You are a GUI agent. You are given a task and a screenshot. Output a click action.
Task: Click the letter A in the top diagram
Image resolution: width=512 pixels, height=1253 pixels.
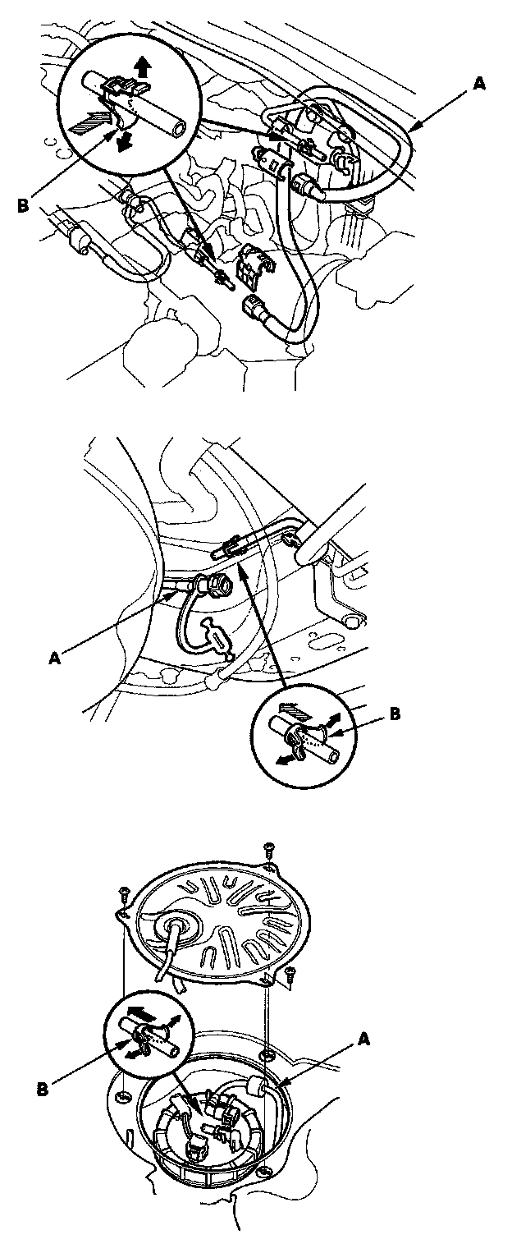tap(479, 84)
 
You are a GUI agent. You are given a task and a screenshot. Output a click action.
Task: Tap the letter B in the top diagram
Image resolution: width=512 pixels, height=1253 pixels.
tap(22, 205)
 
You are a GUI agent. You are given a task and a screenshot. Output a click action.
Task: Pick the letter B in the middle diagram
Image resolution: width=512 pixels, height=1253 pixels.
tap(395, 714)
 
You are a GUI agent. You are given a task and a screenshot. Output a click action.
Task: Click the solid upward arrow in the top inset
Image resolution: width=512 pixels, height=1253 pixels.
tap(144, 67)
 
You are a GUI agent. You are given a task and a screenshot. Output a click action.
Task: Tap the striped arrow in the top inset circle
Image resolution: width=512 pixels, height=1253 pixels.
tap(89, 122)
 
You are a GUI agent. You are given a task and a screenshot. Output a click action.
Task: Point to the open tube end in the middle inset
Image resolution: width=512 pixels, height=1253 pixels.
tap(334, 757)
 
